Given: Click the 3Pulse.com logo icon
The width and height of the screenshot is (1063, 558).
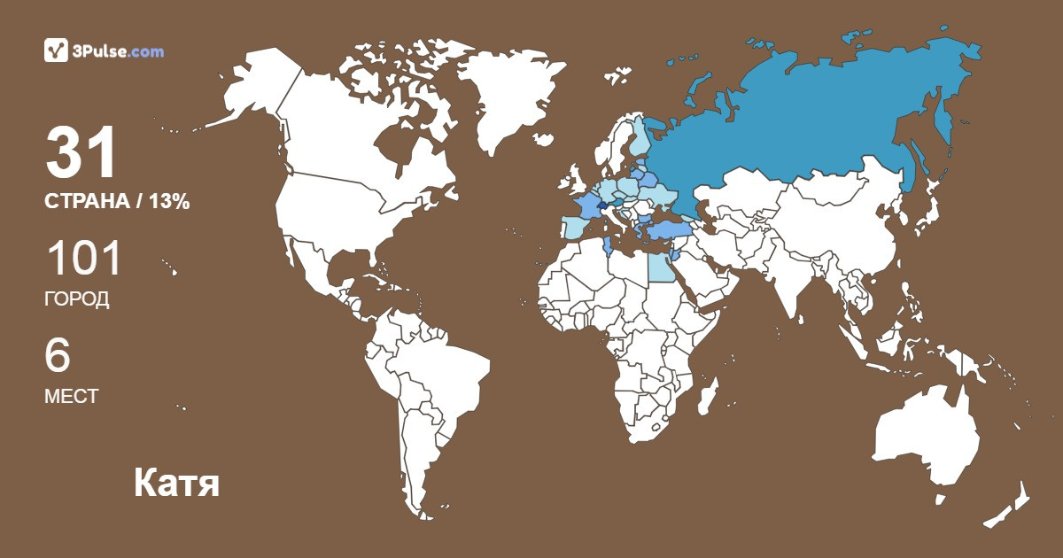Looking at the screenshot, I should pos(56,51).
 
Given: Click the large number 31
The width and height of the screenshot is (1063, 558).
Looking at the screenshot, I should pos(81,153).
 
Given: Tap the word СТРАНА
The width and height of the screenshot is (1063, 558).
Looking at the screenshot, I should pos(86,202).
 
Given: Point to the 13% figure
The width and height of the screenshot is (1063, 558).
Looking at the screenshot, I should pos(169,202).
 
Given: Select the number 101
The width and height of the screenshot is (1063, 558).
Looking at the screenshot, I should pos(82,260).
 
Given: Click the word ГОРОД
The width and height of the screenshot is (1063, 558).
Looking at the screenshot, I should pos(76,299).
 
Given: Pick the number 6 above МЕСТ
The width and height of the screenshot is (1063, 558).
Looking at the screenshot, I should pos(58,357).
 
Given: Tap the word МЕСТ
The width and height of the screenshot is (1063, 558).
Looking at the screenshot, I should pos(71,397).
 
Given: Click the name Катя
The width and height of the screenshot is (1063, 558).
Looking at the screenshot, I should pos(176,484).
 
